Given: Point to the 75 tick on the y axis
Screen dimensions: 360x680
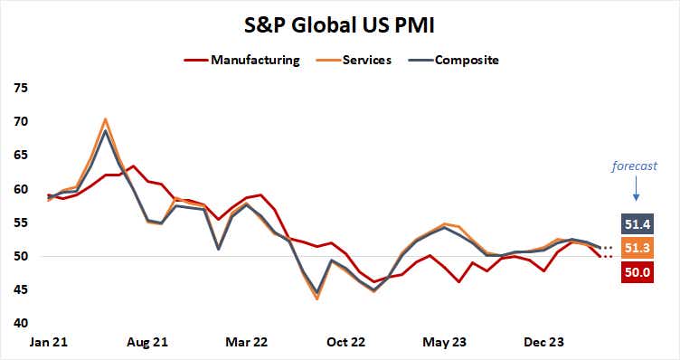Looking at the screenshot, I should (x=20, y=88).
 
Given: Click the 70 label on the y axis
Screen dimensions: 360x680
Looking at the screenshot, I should (x=20, y=121).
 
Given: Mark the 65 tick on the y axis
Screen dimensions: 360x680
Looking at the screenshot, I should (x=20, y=156).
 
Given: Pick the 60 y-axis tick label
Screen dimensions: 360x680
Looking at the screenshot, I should (x=20, y=189).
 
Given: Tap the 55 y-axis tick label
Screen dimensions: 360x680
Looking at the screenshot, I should (x=20, y=223).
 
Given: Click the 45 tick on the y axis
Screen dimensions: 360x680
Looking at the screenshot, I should (x=20, y=290).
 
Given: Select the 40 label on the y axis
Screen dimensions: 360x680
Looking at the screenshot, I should (x=20, y=324).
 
